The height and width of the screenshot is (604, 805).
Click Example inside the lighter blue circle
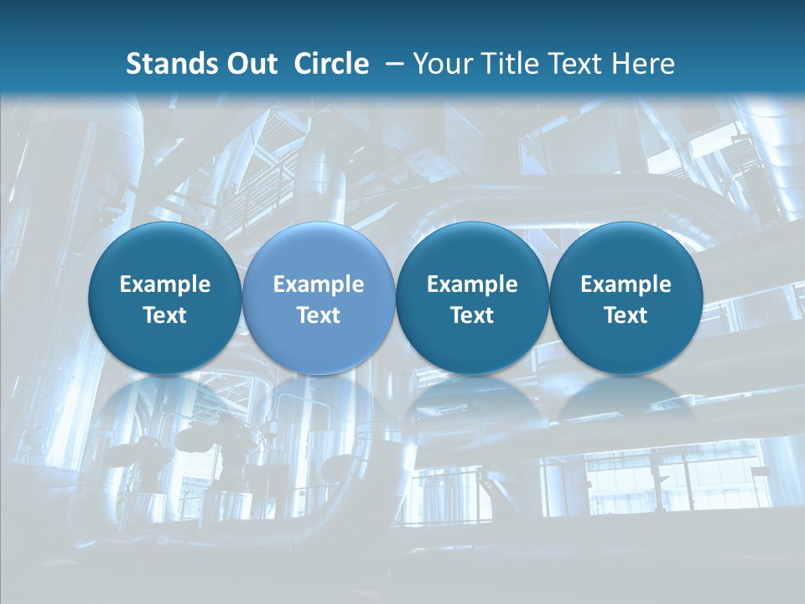click(319, 284)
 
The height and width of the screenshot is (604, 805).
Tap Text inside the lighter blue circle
click(319, 315)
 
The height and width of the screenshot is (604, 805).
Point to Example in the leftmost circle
click(165, 284)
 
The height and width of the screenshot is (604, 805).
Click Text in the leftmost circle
click(165, 315)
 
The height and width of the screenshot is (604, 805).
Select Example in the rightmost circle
click(626, 284)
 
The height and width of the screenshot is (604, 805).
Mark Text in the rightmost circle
click(626, 315)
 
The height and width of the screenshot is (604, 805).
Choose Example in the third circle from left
click(472, 284)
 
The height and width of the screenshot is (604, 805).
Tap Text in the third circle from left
click(472, 315)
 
